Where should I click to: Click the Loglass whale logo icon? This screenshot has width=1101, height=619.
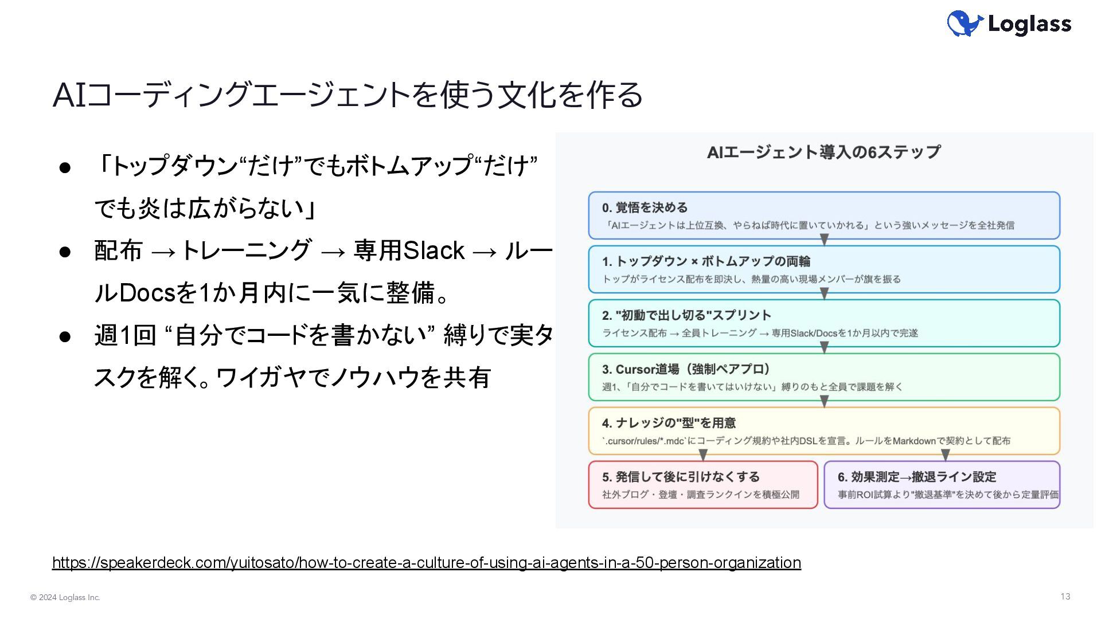pyautogui.click(x=965, y=23)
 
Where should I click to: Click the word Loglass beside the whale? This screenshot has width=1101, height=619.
pyautogui.click(x=1029, y=24)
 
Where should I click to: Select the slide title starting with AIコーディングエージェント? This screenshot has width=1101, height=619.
pyautogui.click(x=348, y=95)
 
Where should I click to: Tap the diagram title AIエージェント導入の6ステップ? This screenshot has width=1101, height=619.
pyautogui.click(x=824, y=152)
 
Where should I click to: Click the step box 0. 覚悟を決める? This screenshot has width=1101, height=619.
pyautogui.click(x=824, y=216)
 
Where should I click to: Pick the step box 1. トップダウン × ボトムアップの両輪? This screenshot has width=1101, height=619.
pyautogui.click(x=824, y=269)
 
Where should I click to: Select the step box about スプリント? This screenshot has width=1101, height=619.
pyautogui.click(x=824, y=323)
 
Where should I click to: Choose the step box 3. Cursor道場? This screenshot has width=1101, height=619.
pyautogui.click(x=824, y=377)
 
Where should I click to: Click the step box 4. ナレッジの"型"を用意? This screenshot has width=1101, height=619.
pyautogui.click(x=824, y=431)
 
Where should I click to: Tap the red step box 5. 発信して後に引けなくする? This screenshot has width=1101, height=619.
pyautogui.click(x=703, y=485)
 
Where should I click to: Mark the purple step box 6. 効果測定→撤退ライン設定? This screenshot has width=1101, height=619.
pyautogui.click(x=942, y=485)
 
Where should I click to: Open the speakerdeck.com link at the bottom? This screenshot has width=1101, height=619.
pyautogui.click(x=426, y=563)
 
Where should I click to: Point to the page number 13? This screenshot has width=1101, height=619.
pyautogui.click(x=1065, y=597)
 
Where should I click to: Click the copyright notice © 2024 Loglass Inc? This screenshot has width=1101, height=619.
pyautogui.click(x=65, y=598)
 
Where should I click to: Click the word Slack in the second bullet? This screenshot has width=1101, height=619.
pyautogui.click(x=434, y=251)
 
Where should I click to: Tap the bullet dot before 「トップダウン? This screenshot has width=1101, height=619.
pyautogui.click(x=65, y=167)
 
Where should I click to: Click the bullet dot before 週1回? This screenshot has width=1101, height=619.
pyautogui.click(x=65, y=336)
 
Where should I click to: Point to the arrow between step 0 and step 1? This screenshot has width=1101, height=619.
pyautogui.click(x=824, y=240)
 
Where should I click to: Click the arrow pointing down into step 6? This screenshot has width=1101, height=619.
pyautogui.click(x=946, y=455)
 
